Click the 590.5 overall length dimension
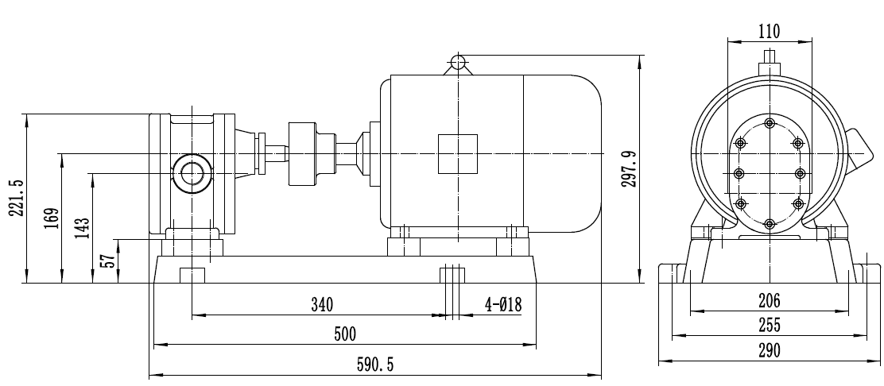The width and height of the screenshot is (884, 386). (x=373, y=364)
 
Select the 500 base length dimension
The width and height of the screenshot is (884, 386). (x=344, y=334)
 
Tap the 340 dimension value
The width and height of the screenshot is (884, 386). (x=321, y=304)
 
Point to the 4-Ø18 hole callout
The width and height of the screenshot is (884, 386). (x=504, y=304)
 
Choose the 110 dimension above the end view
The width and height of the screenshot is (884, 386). (x=769, y=32)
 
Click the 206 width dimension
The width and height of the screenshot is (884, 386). (x=770, y=301)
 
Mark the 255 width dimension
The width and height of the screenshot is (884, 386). (x=770, y=325)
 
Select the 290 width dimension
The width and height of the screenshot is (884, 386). (x=770, y=350)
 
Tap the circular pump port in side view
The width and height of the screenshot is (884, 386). (x=192, y=172)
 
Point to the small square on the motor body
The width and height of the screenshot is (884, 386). (x=458, y=153)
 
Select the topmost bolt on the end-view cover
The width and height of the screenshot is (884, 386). (x=770, y=123)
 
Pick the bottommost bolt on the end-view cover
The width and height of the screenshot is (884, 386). (x=770, y=225)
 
